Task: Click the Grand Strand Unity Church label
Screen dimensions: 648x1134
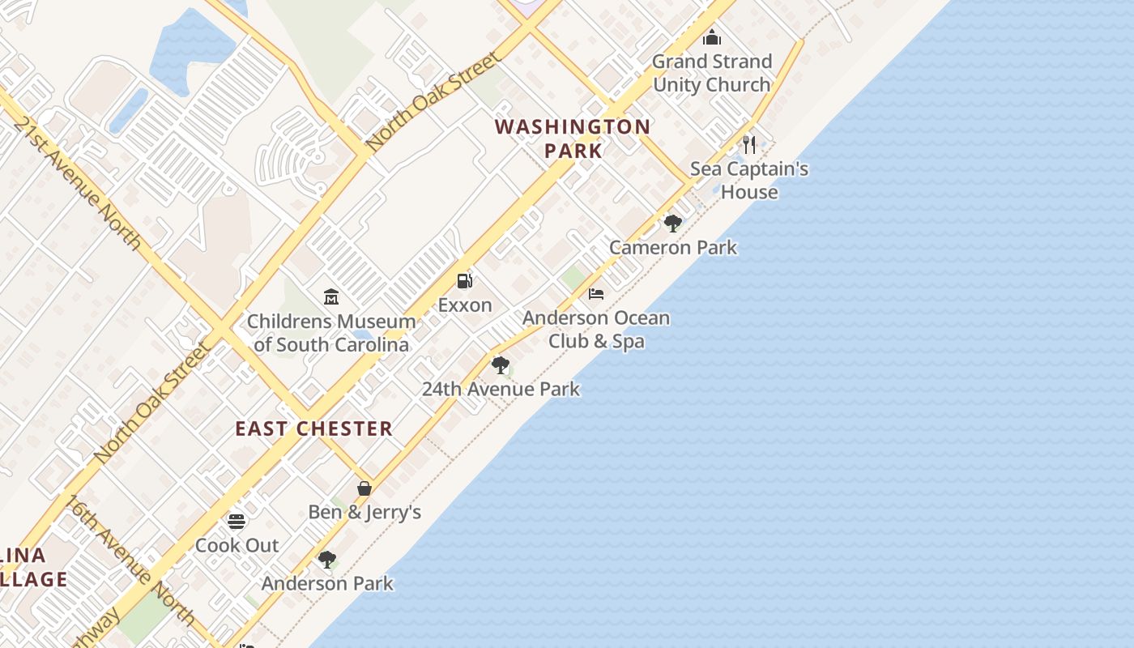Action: click(712, 73)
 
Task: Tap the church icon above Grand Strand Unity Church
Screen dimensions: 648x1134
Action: click(712, 37)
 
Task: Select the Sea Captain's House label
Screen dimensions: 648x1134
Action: click(749, 181)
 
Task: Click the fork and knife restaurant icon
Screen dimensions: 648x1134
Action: click(749, 145)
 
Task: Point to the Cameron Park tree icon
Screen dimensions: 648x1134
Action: click(672, 223)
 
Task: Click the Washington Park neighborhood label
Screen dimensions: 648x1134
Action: click(573, 139)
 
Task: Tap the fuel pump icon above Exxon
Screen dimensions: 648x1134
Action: click(465, 281)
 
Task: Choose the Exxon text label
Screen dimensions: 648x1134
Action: click(465, 305)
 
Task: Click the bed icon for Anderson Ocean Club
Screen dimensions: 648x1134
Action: click(596, 293)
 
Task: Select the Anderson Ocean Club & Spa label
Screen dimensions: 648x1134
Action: click(596, 330)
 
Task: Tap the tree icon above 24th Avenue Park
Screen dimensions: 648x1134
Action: click(501, 364)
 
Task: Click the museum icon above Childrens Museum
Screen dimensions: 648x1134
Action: click(330, 297)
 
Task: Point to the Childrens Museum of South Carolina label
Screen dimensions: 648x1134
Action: click(331, 333)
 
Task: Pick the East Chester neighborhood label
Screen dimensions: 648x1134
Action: click(314, 428)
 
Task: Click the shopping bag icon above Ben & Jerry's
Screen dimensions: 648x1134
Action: click(364, 488)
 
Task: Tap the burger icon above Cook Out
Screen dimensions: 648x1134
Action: click(237, 521)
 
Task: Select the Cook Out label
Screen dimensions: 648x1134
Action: click(237, 546)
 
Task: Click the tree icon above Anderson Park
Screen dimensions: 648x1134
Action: click(327, 559)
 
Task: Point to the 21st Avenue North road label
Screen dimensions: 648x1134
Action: click(77, 182)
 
